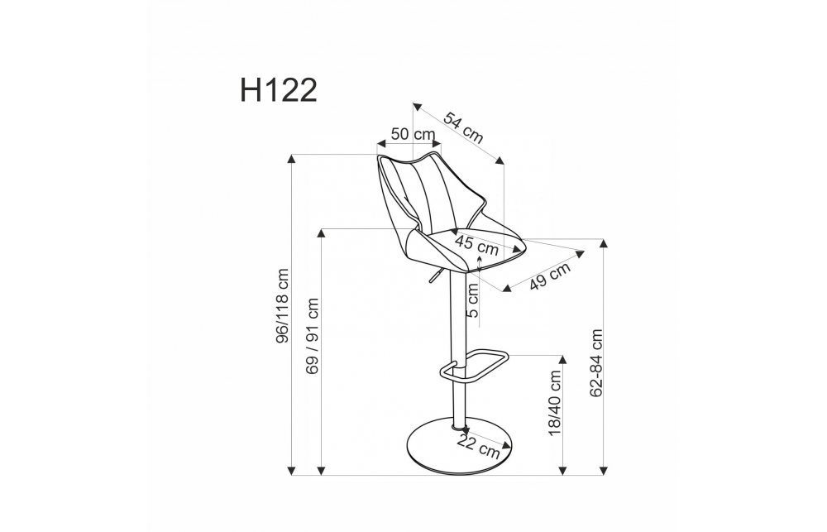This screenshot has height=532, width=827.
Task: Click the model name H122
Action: tap(279, 90)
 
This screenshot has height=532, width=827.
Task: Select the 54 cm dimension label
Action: tap(462, 128)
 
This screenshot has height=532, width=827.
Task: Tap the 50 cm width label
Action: tap(413, 133)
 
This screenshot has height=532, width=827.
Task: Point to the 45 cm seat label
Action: tap(476, 245)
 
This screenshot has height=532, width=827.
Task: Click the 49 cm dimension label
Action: tap(550, 276)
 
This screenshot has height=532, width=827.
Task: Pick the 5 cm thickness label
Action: tap(472, 300)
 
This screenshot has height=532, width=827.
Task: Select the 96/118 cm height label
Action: tap(283, 306)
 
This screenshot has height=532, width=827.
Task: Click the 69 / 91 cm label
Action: tap(313, 336)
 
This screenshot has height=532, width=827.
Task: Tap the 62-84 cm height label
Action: tap(596, 363)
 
